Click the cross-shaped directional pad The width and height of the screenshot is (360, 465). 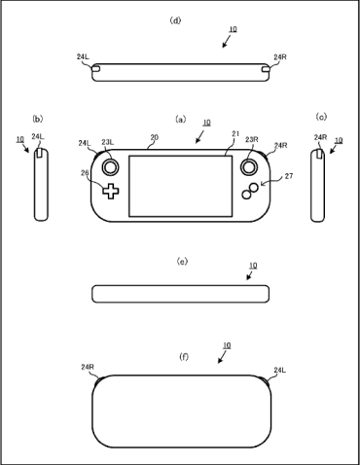(111, 191)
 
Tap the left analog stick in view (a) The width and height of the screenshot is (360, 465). (111, 167)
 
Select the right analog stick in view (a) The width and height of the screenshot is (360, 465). (249, 166)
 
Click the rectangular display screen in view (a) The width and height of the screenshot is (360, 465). (181, 186)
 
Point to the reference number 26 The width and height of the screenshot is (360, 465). (85, 173)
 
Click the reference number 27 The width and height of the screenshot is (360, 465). (289, 176)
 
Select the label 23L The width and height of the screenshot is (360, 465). (107, 142)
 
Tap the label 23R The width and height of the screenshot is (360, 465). (252, 139)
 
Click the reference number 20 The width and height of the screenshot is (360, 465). (155, 137)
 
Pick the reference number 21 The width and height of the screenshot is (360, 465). (235, 133)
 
